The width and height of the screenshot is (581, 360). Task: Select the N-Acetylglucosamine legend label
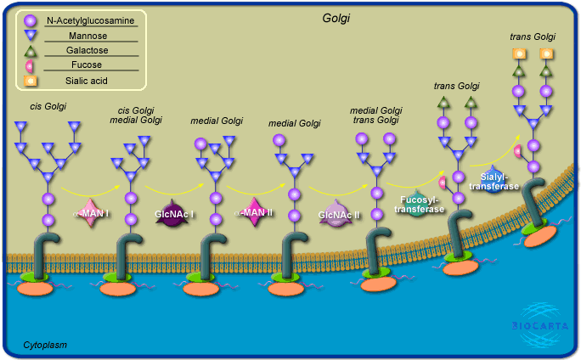click(91, 20)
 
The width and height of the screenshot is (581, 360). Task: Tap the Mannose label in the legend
click(91, 36)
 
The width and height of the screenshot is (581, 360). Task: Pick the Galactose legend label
click(91, 51)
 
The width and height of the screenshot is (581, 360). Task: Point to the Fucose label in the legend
click(91, 66)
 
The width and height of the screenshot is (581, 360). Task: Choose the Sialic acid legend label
click(91, 82)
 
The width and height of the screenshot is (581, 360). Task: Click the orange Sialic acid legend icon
click(31, 82)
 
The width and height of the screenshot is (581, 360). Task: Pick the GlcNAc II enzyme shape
click(339, 214)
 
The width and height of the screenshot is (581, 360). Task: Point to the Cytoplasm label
click(46, 345)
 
